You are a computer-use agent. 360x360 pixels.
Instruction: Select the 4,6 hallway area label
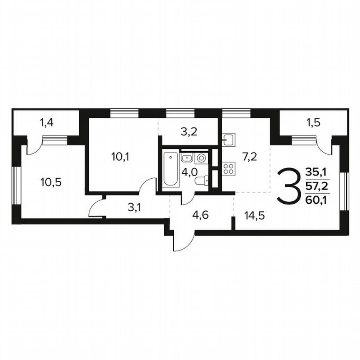pos(201,216)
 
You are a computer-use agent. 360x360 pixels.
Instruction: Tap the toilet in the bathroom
pos(202,181)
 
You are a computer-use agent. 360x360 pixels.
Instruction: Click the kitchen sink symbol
pos(229,140)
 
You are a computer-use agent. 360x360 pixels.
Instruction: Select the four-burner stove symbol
pos(229,169)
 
